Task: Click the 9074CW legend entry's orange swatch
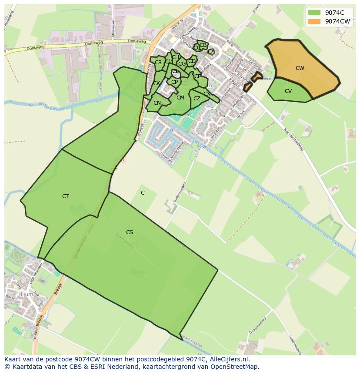tap(314, 21)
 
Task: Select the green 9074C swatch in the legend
tap(314, 12)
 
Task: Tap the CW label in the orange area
tap(300, 68)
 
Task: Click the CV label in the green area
tap(288, 91)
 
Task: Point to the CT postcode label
tap(65, 196)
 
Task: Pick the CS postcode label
tap(130, 232)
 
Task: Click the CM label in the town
tap(180, 98)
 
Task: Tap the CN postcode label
tap(157, 103)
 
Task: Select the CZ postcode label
tap(197, 99)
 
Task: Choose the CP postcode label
tap(174, 82)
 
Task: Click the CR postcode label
tap(158, 63)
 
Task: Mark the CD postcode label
tap(192, 61)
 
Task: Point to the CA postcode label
tap(211, 52)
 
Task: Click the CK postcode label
tap(156, 83)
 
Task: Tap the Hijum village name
tap(23, 294)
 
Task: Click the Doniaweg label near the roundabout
tap(136, 42)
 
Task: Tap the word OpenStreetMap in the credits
tap(234, 367)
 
